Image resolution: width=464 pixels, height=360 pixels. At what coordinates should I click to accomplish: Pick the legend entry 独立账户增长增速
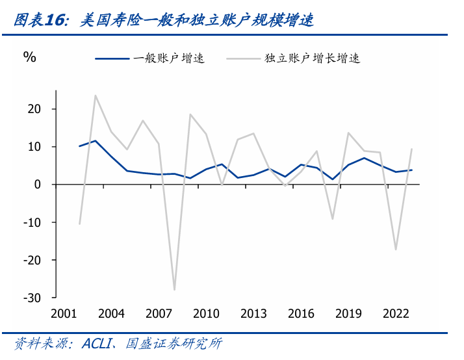[312, 58]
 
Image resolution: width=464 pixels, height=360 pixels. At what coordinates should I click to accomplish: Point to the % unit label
[30, 57]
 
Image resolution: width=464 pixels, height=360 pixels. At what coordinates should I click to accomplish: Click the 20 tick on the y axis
[34, 109]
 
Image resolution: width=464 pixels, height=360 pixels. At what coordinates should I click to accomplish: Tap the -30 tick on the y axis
[32, 298]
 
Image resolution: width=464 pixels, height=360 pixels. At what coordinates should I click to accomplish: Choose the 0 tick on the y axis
[38, 185]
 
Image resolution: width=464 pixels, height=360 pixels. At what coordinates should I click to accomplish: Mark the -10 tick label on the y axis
[32, 222]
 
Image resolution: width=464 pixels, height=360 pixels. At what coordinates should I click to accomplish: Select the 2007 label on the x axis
[159, 314]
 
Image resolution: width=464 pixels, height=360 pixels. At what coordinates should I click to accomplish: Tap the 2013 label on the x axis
[253, 314]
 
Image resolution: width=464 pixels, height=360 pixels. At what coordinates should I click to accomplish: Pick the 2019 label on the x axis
[348, 314]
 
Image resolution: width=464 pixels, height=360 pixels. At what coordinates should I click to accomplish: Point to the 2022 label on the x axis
[396, 314]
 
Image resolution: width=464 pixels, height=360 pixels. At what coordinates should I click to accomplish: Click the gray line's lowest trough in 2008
[174, 290]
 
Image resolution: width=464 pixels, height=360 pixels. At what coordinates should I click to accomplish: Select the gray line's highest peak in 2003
[96, 96]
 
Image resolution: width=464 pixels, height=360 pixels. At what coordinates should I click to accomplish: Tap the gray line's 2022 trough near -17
[396, 250]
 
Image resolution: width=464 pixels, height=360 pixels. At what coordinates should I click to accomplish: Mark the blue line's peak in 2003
[96, 140]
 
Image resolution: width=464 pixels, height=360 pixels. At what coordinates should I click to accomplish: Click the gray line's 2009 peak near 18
[190, 114]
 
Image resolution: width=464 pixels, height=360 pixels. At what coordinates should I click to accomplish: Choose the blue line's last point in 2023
[411, 170]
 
